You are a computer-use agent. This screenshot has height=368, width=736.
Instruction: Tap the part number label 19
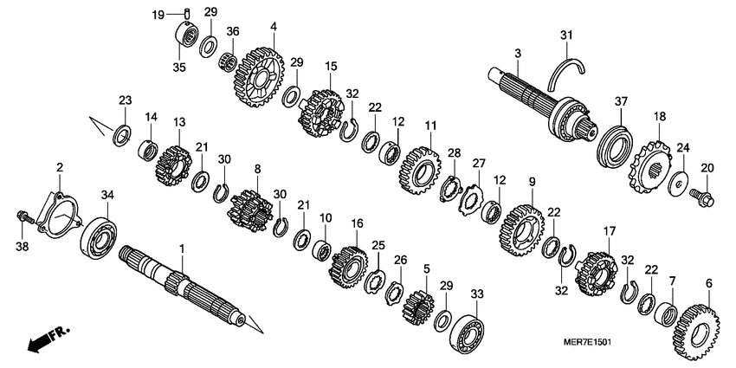[158, 16]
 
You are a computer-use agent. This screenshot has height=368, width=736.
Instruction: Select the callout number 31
[566, 35]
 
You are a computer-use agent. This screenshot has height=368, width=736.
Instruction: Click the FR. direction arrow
[48, 339]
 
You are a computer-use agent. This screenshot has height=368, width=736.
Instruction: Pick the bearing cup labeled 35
[184, 37]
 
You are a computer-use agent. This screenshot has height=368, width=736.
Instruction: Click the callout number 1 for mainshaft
[182, 249]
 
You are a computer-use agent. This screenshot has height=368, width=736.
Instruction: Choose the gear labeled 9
[520, 224]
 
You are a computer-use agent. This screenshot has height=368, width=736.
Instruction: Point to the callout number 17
[610, 231]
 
